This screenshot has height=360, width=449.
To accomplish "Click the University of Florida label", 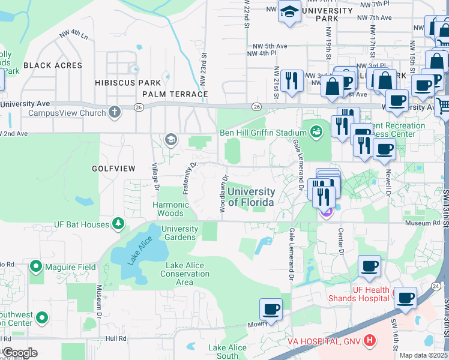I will click(x=251, y=197).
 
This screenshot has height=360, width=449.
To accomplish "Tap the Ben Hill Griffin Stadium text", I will click(x=263, y=133).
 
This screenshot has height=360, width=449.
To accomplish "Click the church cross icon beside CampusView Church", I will click(x=114, y=112).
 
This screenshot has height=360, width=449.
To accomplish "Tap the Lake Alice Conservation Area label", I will click(x=185, y=274).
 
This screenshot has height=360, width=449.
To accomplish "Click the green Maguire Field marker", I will click(x=35, y=266).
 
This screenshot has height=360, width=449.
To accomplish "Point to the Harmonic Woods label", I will click(x=170, y=209).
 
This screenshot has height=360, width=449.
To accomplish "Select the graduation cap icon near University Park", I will click(x=289, y=13).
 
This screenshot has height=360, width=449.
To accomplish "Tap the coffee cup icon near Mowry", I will click(x=271, y=310).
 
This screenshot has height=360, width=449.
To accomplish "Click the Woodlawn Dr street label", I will click(x=224, y=195).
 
